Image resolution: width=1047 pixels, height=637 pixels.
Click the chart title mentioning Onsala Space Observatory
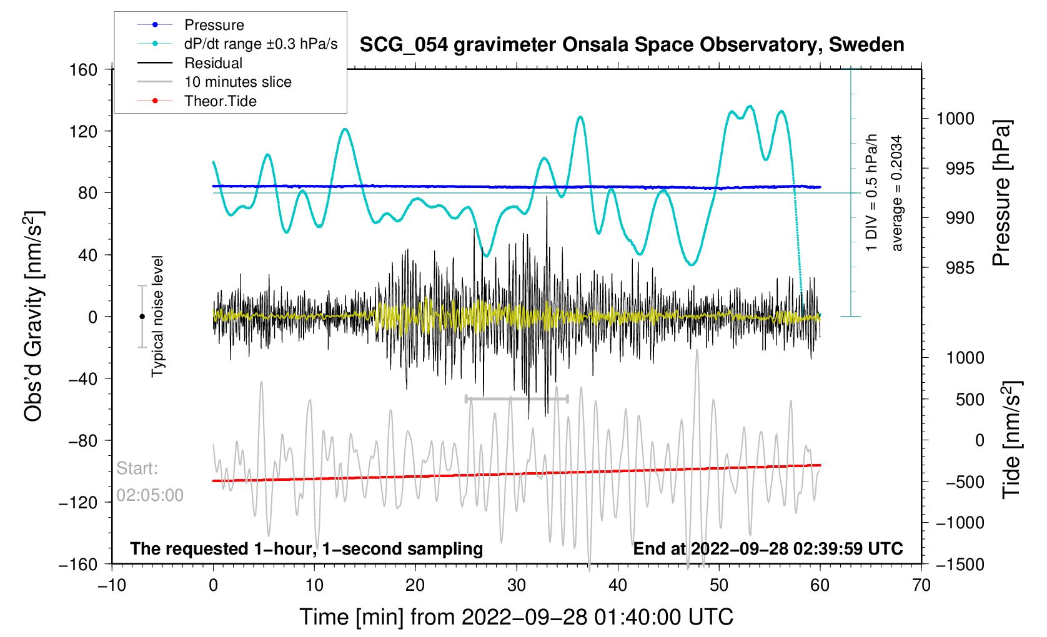tap(632, 45)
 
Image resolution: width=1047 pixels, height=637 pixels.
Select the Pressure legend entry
tap(214, 25)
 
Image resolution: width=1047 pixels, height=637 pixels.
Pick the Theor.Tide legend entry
tap(220, 101)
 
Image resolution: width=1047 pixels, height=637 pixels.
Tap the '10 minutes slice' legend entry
tap(237, 82)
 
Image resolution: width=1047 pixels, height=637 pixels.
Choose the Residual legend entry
tap(213, 63)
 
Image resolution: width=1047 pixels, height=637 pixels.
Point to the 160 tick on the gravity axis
tap(84, 69)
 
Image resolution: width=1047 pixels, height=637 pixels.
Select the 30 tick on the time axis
tap(517, 585)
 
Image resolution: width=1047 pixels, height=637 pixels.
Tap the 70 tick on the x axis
tap(921, 585)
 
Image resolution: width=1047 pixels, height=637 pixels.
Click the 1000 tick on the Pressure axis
tap(955, 119)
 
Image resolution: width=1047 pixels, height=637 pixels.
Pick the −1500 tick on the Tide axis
tap(960, 565)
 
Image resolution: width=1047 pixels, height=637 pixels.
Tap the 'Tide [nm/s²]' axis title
tap(1011, 439)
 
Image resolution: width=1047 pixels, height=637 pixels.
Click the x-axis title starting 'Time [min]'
tap(516, 617)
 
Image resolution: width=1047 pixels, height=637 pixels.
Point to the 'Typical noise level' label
tap(157, 316)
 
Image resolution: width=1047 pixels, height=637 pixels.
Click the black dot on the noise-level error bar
tap(142, 317)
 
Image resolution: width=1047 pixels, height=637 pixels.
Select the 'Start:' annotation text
tap(137, 468)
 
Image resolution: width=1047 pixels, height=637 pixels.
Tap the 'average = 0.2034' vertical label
tap(897, 193)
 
